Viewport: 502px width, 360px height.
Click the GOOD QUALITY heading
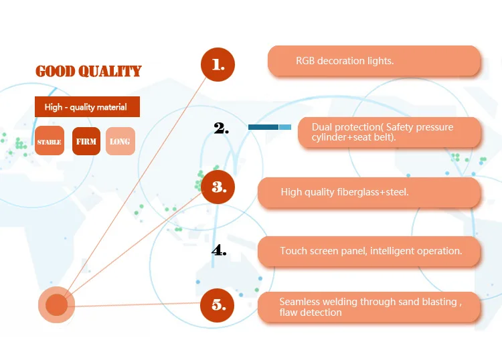(88, 71)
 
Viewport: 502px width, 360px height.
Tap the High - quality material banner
(87, 107)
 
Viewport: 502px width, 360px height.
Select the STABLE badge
(50, 141)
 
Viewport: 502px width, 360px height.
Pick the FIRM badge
(86, 141)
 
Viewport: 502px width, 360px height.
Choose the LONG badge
(120, 141)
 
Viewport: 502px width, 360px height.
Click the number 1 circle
(218, 65)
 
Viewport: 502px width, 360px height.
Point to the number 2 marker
(222, 128)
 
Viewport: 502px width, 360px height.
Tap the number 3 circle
(218, 187)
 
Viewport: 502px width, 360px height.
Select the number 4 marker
(219, 251)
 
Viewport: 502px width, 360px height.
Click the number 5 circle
(218, 305)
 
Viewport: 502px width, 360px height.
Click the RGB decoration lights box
(374, 61)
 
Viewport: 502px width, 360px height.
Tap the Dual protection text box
(389, 132)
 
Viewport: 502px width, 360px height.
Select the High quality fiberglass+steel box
(369, 192)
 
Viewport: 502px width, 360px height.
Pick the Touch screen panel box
(369, 251)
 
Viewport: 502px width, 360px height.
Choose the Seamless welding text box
(369, 307)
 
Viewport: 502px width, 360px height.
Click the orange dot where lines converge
(56, 306)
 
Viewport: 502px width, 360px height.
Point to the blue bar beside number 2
(270, 126)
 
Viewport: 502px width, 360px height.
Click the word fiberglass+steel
(373, 192)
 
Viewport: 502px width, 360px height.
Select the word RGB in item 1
(305, 61)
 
